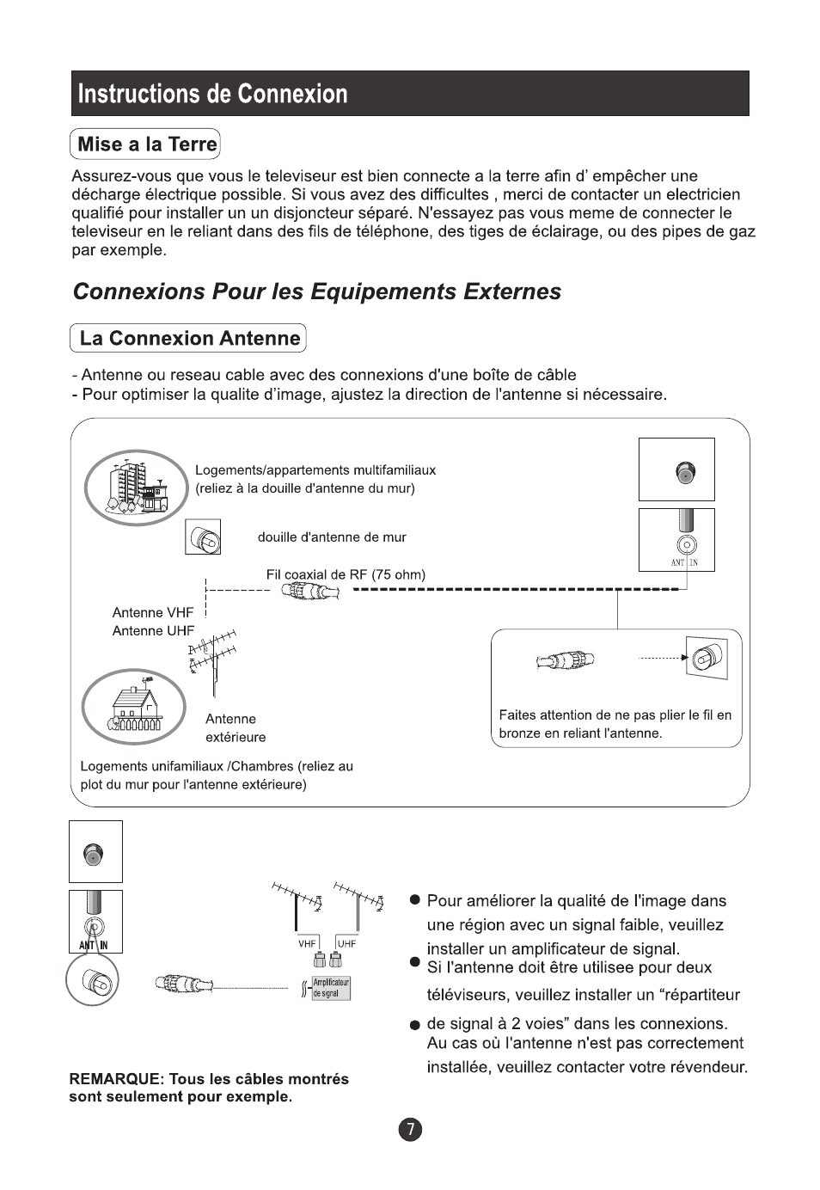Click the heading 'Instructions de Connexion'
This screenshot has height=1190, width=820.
pyautogui.click(x=212, y=94)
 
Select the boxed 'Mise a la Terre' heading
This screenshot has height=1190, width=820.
pyautogui.click(x=146, y=144)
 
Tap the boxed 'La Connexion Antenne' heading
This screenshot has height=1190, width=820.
pyautogui.click(x=189, y=339)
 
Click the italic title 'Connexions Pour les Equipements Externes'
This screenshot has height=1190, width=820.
pyautogui.click(x=316, y=291)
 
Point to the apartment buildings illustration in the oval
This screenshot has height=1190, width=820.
pyautogui.click(x=136, y=488)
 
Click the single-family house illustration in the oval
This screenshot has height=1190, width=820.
pyautogui.click(x=134, y=707)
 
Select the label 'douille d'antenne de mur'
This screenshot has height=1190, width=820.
pyautogui.click(x=332, y=537)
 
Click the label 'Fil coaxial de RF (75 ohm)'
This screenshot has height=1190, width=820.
pyautogui.click(x=346, y=574)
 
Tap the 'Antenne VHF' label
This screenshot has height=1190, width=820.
pyautogui.click(x=153, y=612)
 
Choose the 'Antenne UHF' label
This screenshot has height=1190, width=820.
pyautogui.click(x=153, y=630)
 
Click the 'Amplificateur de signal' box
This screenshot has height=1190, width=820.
pyautogui.click(x=331, y=988)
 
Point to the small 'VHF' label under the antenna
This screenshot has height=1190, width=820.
pyautogui.click(x=307, y=943)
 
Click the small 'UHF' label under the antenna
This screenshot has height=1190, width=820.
pyautogui.click(x=346, y=943)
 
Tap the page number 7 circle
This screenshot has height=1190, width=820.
pyautogui.click(x=410, y=1130)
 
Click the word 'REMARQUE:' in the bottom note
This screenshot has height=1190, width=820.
pyautogui.click(x=116, y=1079)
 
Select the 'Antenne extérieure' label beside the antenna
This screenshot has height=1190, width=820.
pyautogui.click(x=236, y=728)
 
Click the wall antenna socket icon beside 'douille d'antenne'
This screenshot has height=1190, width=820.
pyautogui.click(x=204, y=537)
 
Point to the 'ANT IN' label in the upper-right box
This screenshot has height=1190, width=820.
pyautogui.click(x=684, y=562)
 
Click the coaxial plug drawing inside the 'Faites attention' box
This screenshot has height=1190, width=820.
pyautogui.click(x=565, y=660)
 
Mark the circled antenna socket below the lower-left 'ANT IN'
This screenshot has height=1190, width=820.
pyautogui.click(x=92, y=981)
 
